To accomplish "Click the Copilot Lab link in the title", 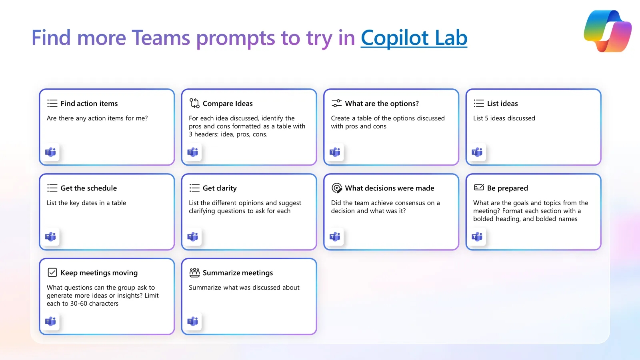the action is [414, 38].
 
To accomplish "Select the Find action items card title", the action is [89, 104].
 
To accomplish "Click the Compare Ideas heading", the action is [228, 104].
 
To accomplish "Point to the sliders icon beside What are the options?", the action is [336, 103].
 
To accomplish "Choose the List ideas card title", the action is [502, 104].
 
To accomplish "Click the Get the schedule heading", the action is [88, 188].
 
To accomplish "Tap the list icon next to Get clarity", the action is [194, 188].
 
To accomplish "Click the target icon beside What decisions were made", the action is [336, 188].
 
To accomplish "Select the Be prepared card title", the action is [508, 188].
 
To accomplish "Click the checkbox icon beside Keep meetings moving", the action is [52, 272].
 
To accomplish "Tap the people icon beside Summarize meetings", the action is [194, 272].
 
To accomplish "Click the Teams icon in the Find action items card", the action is [50, 152].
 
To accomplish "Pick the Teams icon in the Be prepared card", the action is [477, 236].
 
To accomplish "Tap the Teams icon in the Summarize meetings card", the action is [193, 321].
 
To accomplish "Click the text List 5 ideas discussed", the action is [504, 118].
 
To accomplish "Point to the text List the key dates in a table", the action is [86, 203].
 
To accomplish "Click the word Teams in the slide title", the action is [160, 38].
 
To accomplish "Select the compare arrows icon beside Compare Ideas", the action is [194, 103].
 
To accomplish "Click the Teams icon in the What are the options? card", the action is [335, 152].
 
